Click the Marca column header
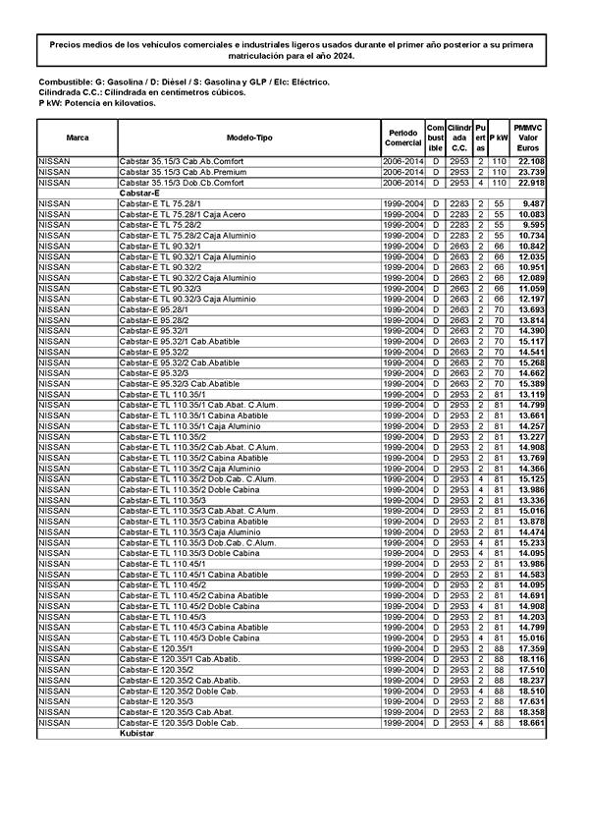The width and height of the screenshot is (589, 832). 78,138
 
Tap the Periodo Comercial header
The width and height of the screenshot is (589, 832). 403,138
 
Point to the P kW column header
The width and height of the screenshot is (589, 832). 498,138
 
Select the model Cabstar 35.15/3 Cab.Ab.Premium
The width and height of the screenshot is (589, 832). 182,172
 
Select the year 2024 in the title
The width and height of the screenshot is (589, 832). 342,58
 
